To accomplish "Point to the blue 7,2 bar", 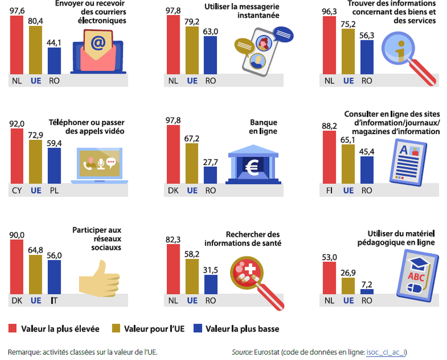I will [x=367, y=291].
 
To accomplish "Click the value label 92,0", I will [x=18, y=124].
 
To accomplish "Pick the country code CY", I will [x=17, y=191].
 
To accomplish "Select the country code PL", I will [x=54, y=191].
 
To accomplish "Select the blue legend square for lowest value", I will [x=197, y=328].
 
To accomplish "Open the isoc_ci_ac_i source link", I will [x=386, y=352].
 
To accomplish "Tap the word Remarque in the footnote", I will [x=24, y=352].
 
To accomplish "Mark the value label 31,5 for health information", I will [x=210, y=269].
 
